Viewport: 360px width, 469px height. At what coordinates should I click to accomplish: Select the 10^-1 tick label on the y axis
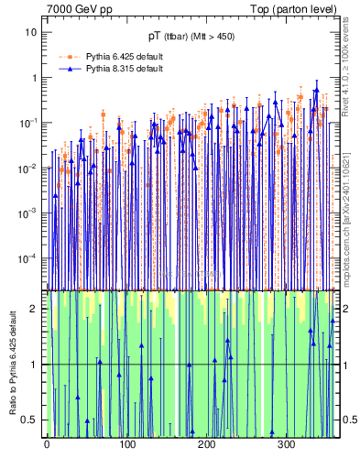click(29, 122)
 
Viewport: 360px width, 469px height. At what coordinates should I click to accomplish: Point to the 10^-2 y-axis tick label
click(29, 167)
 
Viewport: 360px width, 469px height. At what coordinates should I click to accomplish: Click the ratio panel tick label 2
click(36, 309)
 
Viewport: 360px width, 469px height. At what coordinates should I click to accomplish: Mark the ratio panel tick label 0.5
click(31, 420)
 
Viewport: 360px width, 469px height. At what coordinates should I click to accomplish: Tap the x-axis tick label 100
click(126, 444)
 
